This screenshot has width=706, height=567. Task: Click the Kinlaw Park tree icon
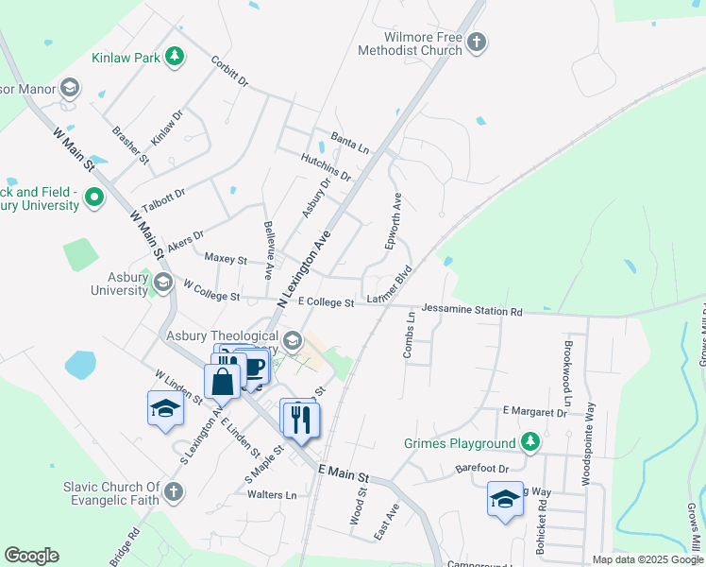coord(174,58)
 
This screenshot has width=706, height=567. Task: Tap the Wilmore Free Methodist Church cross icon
coord(477,42)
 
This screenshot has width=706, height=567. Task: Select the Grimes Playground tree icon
coord(531,442)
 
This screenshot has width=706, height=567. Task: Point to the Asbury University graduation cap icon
coord(162,283)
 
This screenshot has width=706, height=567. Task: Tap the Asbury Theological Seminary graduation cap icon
coord(293,340)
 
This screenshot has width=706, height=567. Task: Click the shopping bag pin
coord(223,382)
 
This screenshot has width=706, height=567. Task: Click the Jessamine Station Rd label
coord(472,310)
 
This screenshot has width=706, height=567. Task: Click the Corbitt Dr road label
coord(229,73)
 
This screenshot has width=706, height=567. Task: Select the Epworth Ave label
coord(394,221)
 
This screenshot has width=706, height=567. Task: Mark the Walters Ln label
coord(271,494)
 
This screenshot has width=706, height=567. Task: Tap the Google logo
coord(31,556)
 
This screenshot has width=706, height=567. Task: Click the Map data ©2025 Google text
coord(647,559)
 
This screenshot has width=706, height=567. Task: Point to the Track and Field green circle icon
coord(93,198)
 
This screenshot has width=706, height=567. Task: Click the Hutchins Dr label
coord(326,168)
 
